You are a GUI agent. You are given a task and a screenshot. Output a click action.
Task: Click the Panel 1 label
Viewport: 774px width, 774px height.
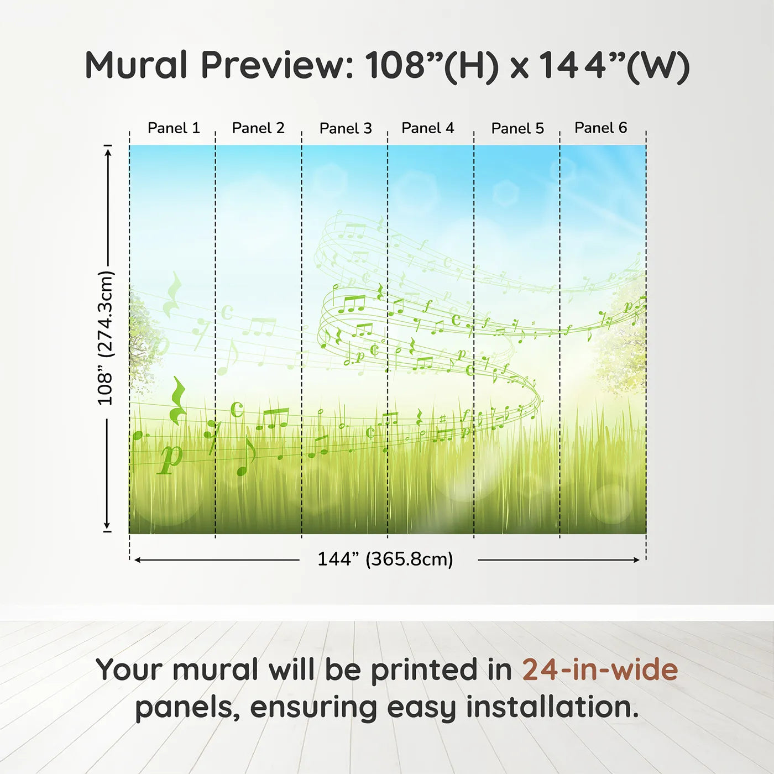pyautogui.click(x=173, y=128)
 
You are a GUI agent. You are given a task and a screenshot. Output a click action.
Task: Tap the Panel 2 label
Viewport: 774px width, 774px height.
pyautogui.click(x=258, y=128)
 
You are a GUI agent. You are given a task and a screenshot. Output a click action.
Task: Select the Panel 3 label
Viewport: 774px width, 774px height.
pyautogui.click(x=346, y=128)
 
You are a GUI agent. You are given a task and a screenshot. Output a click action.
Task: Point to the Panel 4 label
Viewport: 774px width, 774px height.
pyautogui.click(x=427, y=128)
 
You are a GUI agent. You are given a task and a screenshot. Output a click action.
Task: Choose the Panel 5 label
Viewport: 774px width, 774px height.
pyautogui.click(x=517, y=128)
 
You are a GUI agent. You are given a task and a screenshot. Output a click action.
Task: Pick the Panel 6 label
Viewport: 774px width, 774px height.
pyautogui.click(x=600, y=128)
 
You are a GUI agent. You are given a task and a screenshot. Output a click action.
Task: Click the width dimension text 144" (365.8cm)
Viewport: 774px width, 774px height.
pyautogui.click(x=385, y=559)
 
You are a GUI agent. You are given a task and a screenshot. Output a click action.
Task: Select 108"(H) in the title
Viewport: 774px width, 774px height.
pyautogui.click(x=431, y=65)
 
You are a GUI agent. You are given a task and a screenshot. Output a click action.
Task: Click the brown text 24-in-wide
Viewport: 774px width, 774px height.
pyautogui.click(x=600, y=670)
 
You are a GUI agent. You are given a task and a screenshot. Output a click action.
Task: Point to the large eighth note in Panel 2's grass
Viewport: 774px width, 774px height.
pyautogui.click(x=245, y=457)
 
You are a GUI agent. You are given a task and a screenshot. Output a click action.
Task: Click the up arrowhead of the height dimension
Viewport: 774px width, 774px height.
pyautogui.click(x=108, y=150)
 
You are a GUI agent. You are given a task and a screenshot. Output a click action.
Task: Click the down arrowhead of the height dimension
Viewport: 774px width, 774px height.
pyautogui.click(x=107, y=526)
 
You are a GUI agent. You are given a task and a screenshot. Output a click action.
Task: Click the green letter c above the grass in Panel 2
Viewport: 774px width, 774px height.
pyautogui.click(x=237, y=409)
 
